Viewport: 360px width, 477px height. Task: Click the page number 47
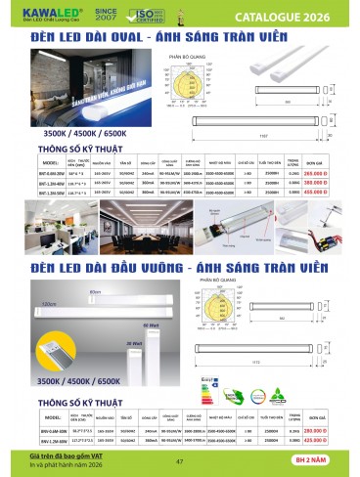179,462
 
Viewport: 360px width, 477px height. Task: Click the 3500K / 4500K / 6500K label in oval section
73,128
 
